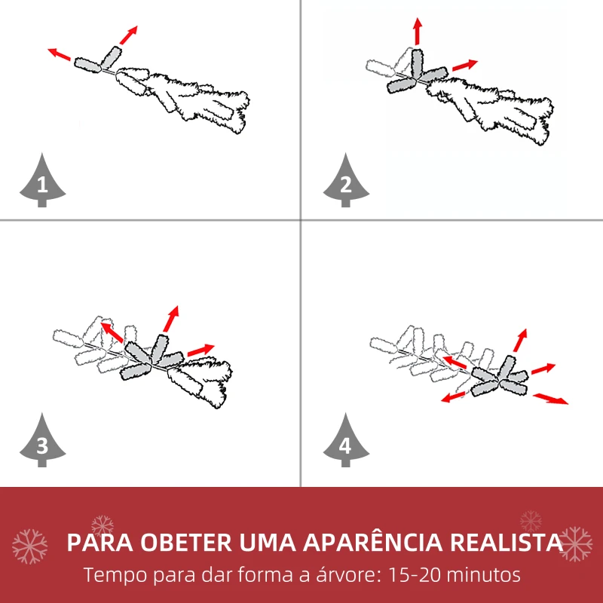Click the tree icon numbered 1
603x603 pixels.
(x=42, y=182)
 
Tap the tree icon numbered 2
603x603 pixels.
(x=345, y=182)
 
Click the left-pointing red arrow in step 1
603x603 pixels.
(x=60, y=54)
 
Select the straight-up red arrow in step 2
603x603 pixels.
(x=417, y=32)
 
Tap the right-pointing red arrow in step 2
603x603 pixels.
(x=464, y=66)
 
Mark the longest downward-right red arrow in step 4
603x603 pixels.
(x=551, y=399)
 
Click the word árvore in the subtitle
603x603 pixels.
(x=342, y=575)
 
